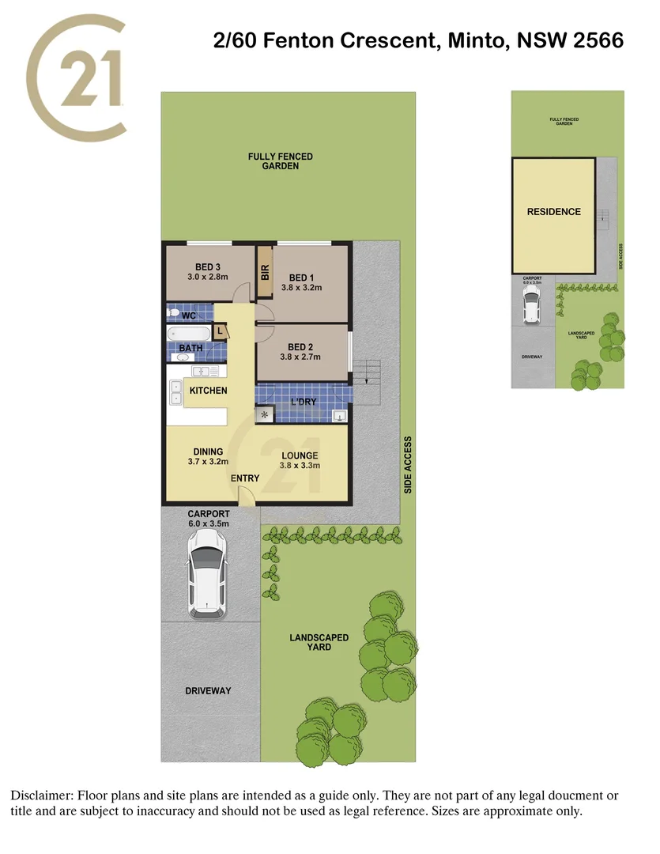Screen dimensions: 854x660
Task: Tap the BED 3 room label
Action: point(207,266)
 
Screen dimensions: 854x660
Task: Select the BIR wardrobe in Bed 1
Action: point(265,273)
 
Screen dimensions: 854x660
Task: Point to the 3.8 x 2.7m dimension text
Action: point(300,357)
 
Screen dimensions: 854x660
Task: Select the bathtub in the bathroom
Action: point(187,333)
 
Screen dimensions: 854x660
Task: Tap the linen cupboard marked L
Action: point(221,331)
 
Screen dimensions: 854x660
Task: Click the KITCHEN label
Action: point(208,391)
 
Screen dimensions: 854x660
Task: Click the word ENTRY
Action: point(244,478)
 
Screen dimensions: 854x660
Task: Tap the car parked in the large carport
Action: point(206,574)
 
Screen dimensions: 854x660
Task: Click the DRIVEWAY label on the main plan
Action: point(208,690)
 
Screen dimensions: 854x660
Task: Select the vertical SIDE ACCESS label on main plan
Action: point(408,464)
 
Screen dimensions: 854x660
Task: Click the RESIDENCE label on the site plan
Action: point(553,212)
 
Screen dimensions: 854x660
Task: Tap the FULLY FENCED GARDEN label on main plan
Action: point(280,161)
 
